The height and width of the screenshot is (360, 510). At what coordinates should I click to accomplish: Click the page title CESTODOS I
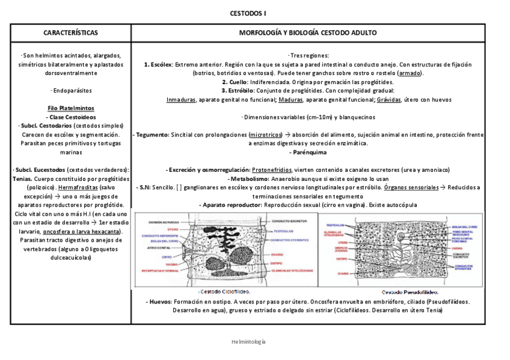pyautogui.click(x=248, y=13)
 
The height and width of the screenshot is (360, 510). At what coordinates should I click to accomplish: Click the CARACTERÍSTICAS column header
pyautogui.click(x=70, y=32)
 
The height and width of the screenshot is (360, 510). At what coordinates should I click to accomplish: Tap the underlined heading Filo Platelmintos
pyautogui.click(x=70, y=108)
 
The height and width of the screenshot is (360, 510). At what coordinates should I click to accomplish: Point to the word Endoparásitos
pyautogui.click(x=72, y=91)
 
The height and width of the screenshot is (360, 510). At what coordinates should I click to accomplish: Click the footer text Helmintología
pyautogui.click(x=248, y=341)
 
